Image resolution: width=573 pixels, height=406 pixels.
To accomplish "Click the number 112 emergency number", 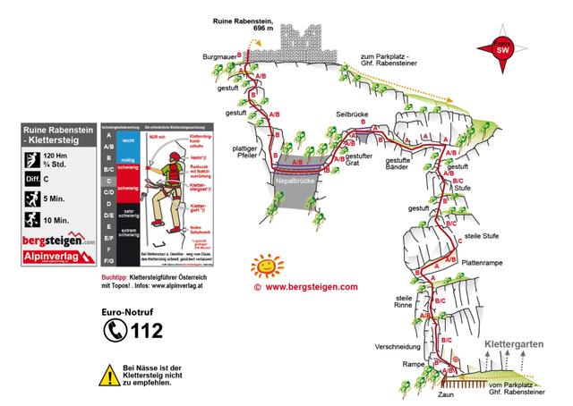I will click(x=146, y=332).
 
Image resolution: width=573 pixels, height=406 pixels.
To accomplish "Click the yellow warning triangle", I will click(x=109, y=375).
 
